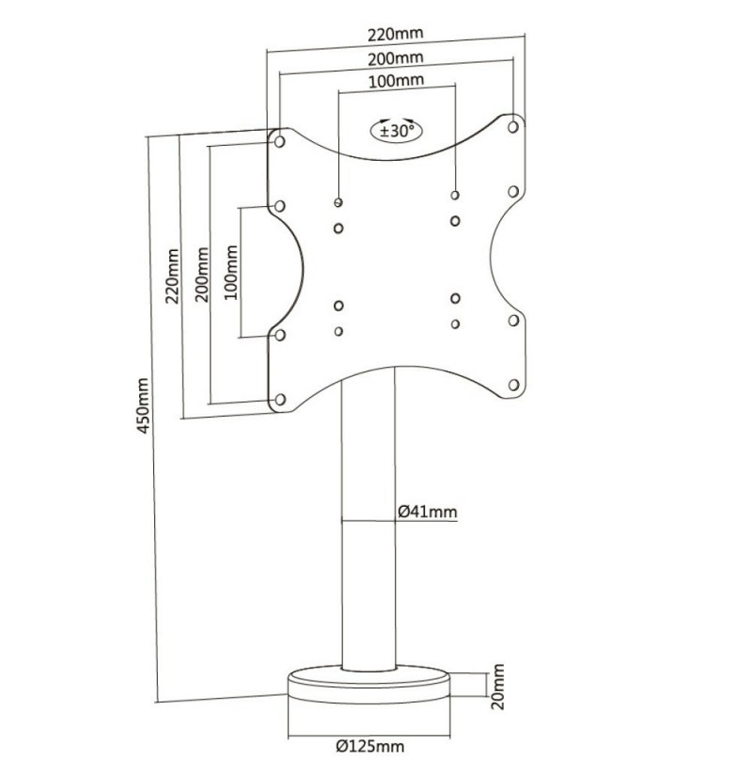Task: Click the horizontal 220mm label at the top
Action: pos(395,34)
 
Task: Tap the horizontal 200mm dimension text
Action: pos(395,58)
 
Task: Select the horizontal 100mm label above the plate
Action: pos(397,80)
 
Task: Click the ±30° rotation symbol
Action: pos(397,131)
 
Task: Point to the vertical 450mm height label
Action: pos(143,405)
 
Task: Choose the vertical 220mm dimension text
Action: pos(172,276)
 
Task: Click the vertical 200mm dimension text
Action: pos(202,275)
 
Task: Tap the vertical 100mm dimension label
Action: pos(230,272)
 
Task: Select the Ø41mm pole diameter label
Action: pos(428,512)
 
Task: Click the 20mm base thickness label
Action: pos(498,687)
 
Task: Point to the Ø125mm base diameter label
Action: pos(370,746)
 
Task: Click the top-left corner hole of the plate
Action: pos(279,142)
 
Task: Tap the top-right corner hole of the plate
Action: pos(513,127)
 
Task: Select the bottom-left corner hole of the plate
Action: pos(280,400)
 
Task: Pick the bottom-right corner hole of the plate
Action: pos(513,385)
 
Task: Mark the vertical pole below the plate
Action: pos(368,518)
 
